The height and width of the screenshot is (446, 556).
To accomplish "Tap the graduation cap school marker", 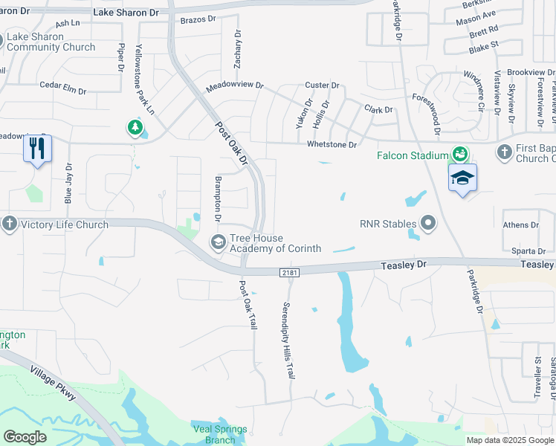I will [x=462, y=178].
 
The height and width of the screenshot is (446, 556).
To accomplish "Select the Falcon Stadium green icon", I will [x=460, y=154].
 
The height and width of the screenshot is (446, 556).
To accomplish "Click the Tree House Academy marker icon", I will [x=219, y=242].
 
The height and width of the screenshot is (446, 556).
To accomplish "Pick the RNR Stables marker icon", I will [x=428, y=223].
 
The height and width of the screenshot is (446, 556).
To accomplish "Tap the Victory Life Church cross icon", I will [x=9, y=224].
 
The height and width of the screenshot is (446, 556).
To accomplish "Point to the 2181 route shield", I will [x=290, y=274].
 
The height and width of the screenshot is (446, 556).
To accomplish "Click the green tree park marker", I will [x=135, y=129].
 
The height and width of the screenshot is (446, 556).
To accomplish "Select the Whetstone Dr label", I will [x=332, y=144].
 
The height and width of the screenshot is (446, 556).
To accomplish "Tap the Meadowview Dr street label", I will [x=235, y=85].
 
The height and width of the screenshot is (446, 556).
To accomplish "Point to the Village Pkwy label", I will [x=52, y=382].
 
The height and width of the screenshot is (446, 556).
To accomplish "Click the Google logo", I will [x=25, y=437].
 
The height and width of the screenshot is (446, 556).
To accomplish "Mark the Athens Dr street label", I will [x=520, y=225].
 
